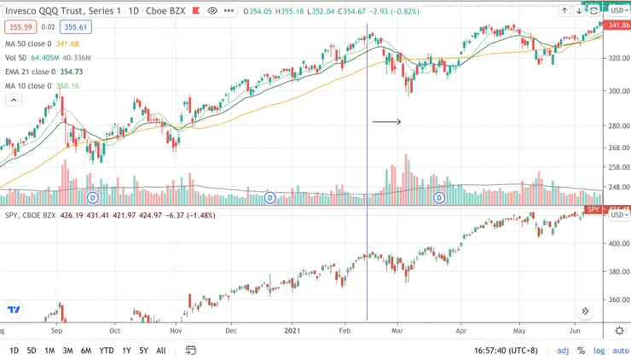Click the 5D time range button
pyautogui.click(x=32, y=351)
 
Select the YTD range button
pyautogui.click(x=107, y=351)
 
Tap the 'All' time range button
pyautogui.click(x=161, y=351)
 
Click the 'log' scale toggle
pyautogui.click(x=599, y=351)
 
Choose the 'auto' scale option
pyautogui.click(x=621, y=351)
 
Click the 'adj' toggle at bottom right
pyautogui.click(x=563, y=351)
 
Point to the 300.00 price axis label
pyautogui.click(x=617, y=91)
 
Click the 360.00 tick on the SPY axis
pyautogui.click(x=617, y=299)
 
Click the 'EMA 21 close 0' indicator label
pyautogui.click(x=30, y=73)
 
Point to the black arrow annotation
pyautogui.click(x=386, y=122)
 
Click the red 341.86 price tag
pyautogui.click(x=618, y=26)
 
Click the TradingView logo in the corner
pyautogui.click(x=14, y=310)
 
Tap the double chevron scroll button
pyautogui.click(x=586, y=311)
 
